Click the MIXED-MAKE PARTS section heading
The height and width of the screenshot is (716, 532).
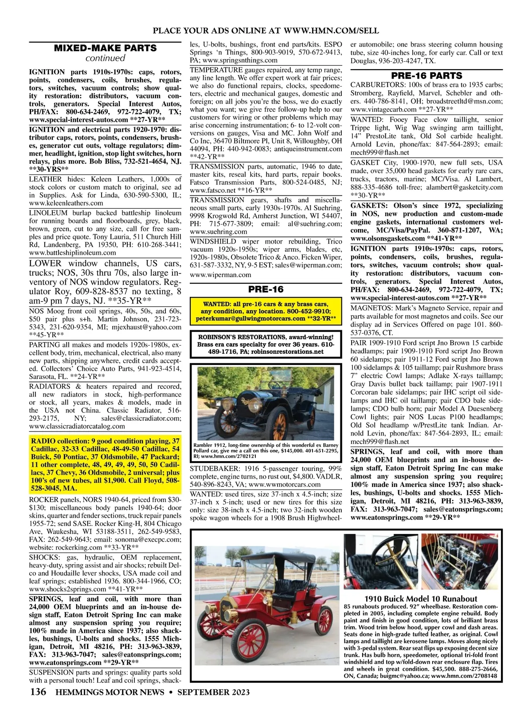(x=105, y=48)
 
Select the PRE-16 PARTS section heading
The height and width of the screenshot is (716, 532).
(x=426, y=75)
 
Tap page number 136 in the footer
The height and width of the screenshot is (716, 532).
(x=38, y=692)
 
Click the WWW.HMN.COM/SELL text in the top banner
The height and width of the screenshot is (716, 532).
(x=331, y=30)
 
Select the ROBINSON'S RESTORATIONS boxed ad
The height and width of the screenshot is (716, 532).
(x=266, y=344)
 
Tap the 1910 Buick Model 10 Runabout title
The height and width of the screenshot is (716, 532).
(x=421, y=598)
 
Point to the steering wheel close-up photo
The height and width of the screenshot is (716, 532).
(x=381, y=560)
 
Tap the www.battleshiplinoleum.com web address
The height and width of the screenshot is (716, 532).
(x=72, y=253)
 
